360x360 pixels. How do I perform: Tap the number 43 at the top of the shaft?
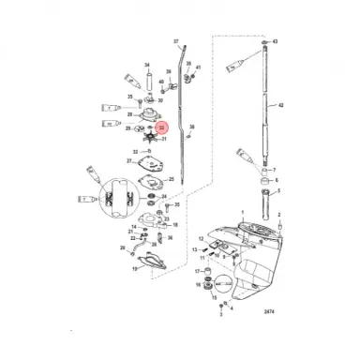(276, 43)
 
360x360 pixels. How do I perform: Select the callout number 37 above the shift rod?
(174, 43)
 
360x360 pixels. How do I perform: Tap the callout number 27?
(128, 161)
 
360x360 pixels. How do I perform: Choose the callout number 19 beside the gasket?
(134, 269)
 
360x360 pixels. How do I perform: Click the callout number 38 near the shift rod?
(192, 126)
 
